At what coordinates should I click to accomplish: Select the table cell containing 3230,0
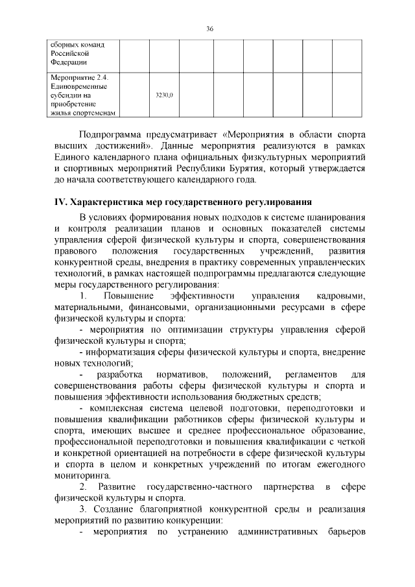[x=165, y=95]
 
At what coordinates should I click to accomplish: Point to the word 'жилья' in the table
[x=61, y=113]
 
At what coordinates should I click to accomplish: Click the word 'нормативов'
[x=181, y=374]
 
